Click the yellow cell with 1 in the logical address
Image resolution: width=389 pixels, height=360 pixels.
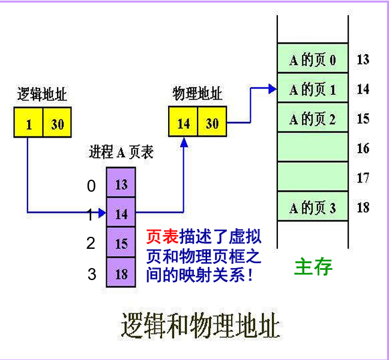tap(28, 122)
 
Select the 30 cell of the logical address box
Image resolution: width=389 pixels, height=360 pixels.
tap(57, 122)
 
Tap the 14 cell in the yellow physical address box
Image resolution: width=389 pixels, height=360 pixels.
tap(183, 121)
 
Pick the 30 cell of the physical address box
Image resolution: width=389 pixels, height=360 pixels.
tap(213, 121)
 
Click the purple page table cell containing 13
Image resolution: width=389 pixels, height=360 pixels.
tap(121, 182)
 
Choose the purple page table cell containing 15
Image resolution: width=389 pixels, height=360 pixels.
tap(121, 242)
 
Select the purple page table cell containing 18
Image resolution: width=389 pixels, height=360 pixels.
tap(121, 272)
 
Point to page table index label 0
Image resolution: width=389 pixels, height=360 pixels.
tap(91, 186)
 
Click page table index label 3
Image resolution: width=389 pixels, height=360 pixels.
tap(92, 274)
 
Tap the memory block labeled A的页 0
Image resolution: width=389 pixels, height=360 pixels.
tap(313, 58)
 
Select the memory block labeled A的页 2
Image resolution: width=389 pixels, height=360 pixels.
tap(313, 117)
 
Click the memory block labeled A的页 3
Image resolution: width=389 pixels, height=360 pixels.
tap(313, 206)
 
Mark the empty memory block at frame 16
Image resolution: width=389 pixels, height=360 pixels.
tap(313, 147)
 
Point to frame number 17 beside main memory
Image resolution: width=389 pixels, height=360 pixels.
tap(363, 178)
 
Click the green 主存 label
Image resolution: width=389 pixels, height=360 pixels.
tap(313, 267)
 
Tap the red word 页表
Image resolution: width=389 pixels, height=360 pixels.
tap(162, 236)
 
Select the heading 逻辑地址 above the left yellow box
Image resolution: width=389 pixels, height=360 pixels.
tap(42, 94)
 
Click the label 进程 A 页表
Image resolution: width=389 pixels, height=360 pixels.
tap(121, 151)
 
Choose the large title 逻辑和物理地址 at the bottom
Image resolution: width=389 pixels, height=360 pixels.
tap(201, 326)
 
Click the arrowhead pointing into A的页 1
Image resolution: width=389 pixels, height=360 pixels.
tap(273, 89)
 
